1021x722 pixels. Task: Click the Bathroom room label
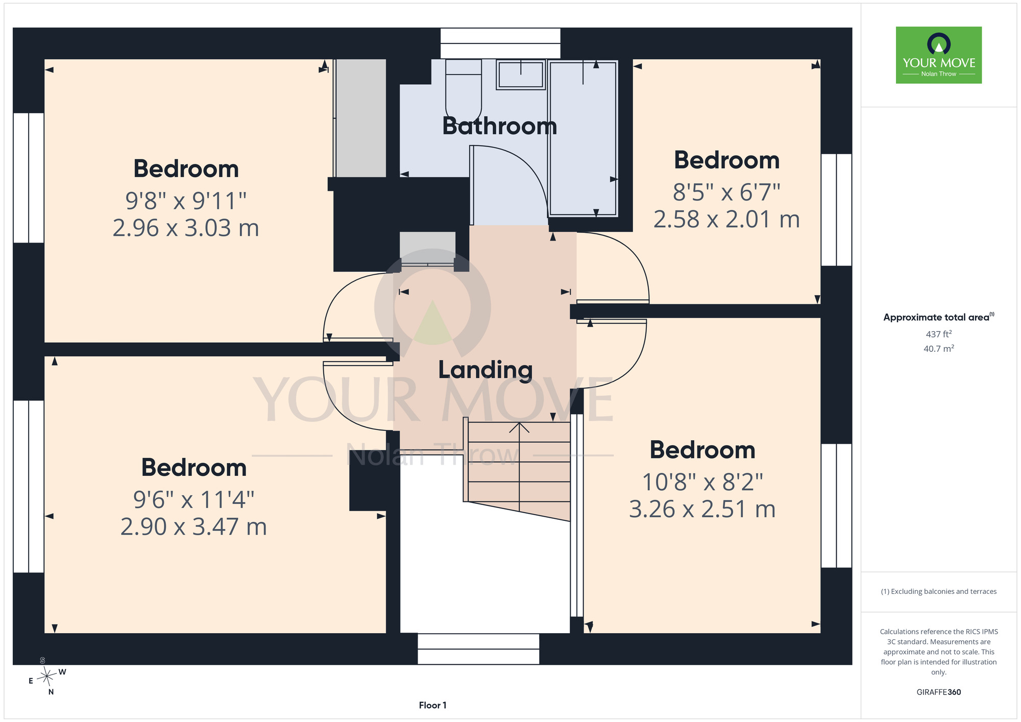click(499, 126)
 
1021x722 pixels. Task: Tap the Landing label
click(485, 370)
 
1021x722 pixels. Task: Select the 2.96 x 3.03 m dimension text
click(186, 228)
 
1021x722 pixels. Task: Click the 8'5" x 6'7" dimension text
click(726, 192)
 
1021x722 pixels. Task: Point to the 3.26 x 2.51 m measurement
click(702, 509)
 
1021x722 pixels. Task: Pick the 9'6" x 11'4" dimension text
click(194, 500)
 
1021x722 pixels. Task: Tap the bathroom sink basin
click(521, 75)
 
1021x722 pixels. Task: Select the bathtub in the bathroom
click(583, 138)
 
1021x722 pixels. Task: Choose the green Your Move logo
click(939, 55)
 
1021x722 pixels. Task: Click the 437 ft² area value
click(939, 334)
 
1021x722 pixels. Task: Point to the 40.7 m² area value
click(939, 349)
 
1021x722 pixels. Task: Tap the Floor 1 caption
click(432, 705)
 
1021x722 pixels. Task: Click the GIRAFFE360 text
click(939, 692)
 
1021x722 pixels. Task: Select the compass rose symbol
click(47, 677)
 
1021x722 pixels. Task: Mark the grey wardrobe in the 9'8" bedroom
click(360, 118)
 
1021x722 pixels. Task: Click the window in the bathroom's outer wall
click(500, 43)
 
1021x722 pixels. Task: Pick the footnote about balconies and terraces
click(939, 591)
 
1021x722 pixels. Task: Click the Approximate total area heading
click(939, 317)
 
